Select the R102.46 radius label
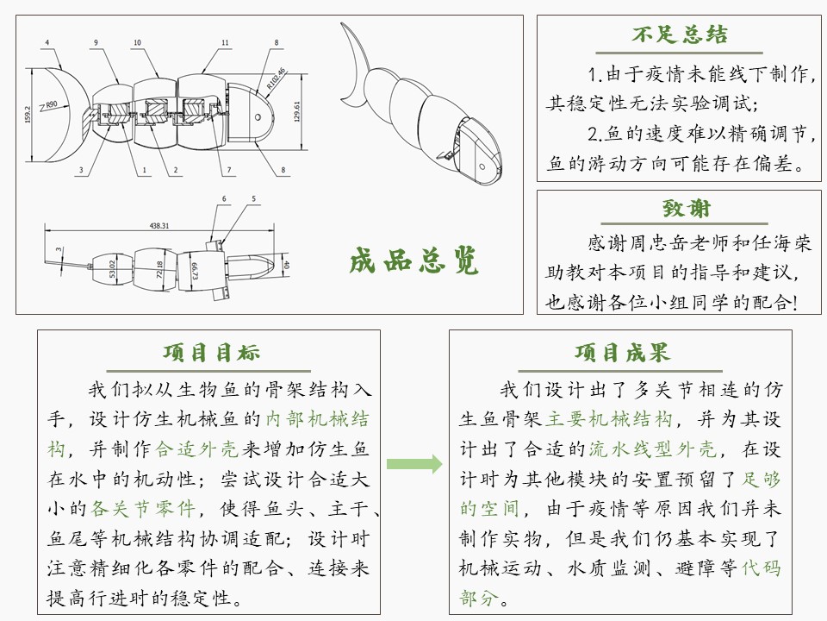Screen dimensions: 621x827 [x=276, y=80]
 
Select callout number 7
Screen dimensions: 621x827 [x=229, y=170]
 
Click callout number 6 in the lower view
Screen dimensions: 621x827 [x=223, y=199]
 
